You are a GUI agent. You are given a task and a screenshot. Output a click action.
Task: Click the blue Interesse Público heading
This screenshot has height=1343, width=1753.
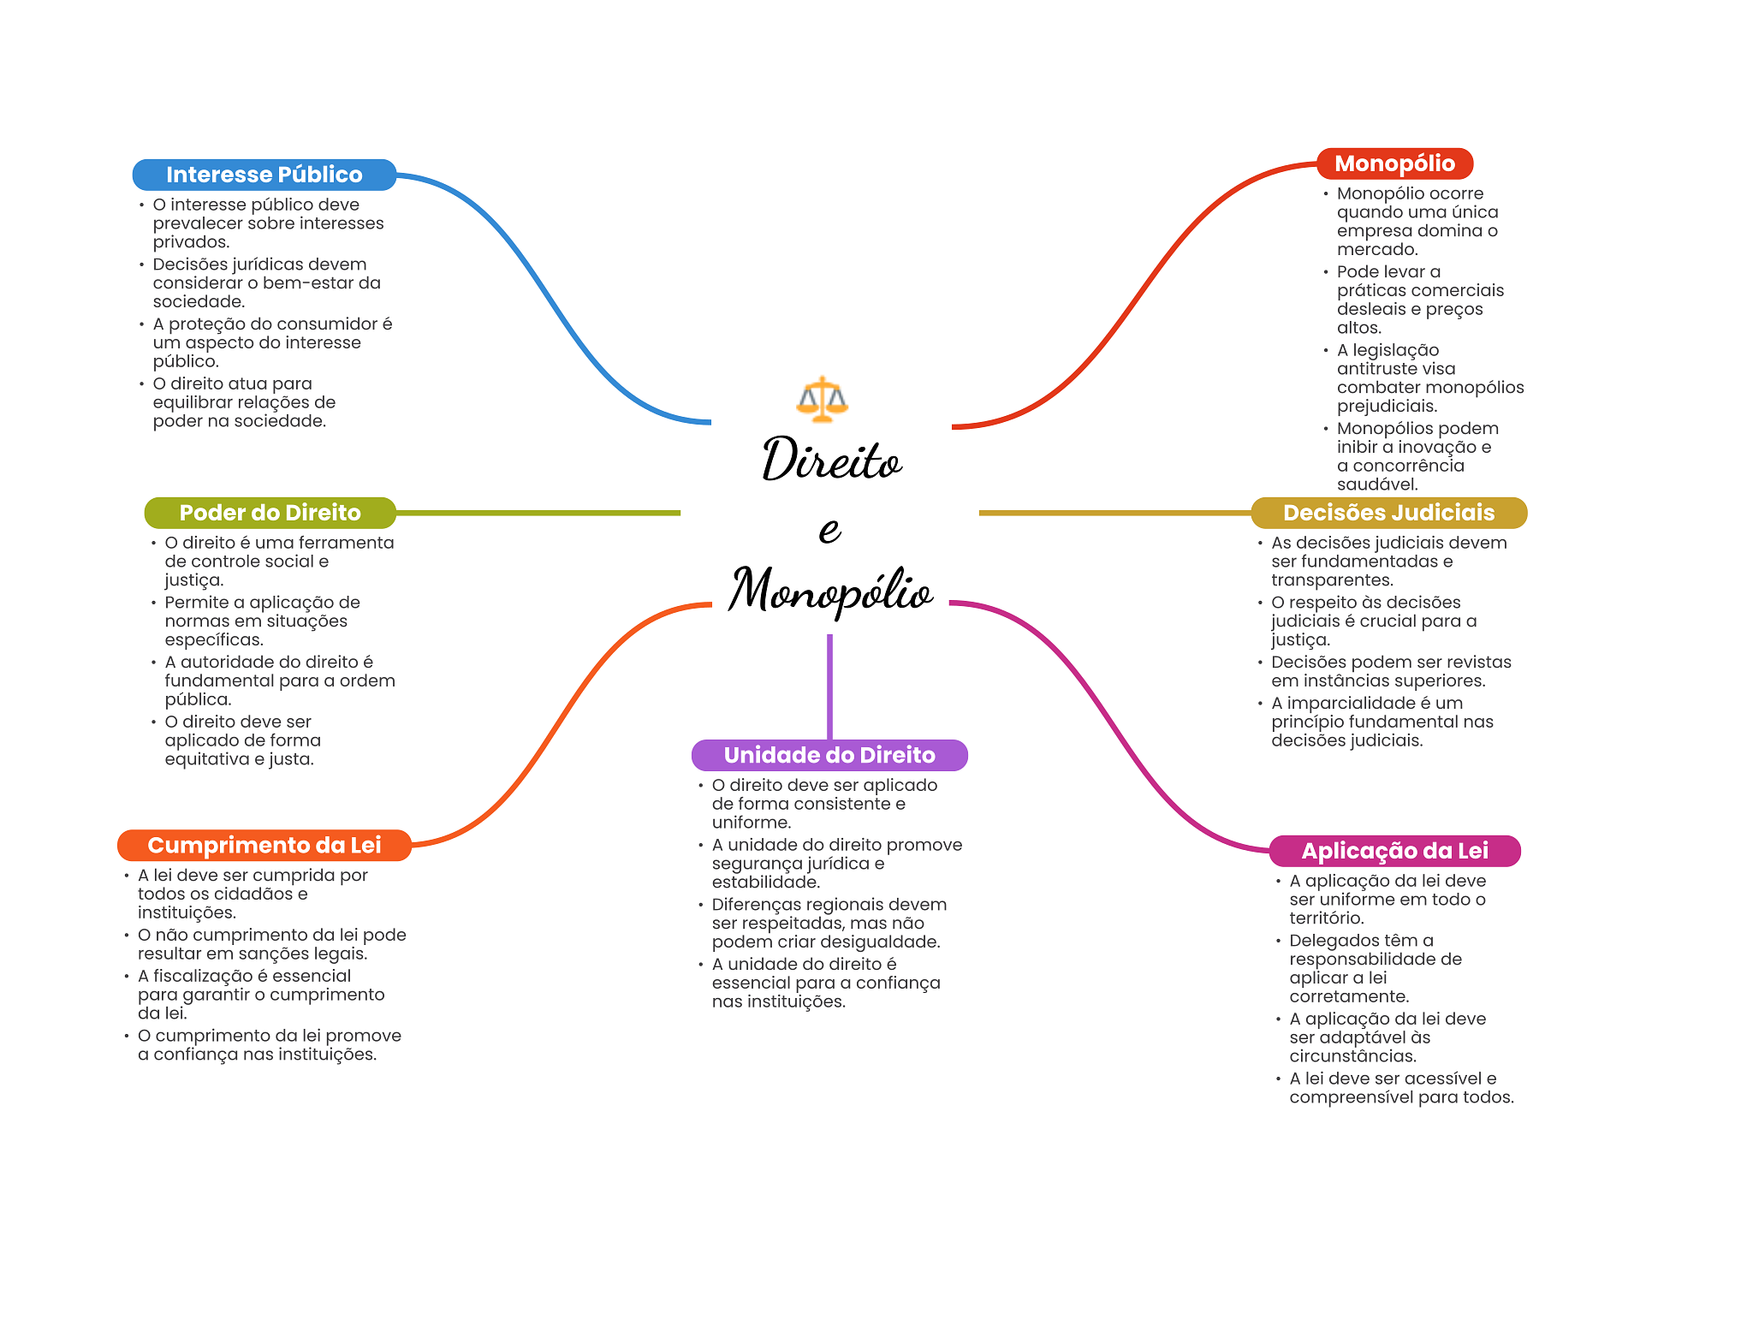264,175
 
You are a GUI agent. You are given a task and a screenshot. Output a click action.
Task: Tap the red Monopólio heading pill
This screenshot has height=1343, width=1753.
1394,163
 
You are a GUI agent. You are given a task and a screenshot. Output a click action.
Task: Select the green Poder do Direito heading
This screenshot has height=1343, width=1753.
270,513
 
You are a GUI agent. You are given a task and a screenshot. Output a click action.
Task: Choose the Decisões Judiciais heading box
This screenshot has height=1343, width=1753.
1388,513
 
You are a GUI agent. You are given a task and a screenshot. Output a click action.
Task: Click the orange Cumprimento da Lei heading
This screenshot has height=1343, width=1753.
264,846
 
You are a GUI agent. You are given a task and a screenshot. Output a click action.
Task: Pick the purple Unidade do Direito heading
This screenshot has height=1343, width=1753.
829,755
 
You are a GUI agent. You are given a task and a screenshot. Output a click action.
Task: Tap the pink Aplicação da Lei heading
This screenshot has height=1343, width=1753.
1394,851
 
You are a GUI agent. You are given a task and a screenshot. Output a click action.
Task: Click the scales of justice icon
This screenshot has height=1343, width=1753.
822,399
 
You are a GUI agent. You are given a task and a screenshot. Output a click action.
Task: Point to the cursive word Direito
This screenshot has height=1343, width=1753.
831,460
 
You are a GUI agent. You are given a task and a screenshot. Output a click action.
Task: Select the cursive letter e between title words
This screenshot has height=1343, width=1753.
829,530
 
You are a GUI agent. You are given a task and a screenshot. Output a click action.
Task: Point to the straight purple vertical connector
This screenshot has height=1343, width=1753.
829,685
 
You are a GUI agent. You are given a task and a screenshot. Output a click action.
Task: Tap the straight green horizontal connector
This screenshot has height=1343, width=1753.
539,513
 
